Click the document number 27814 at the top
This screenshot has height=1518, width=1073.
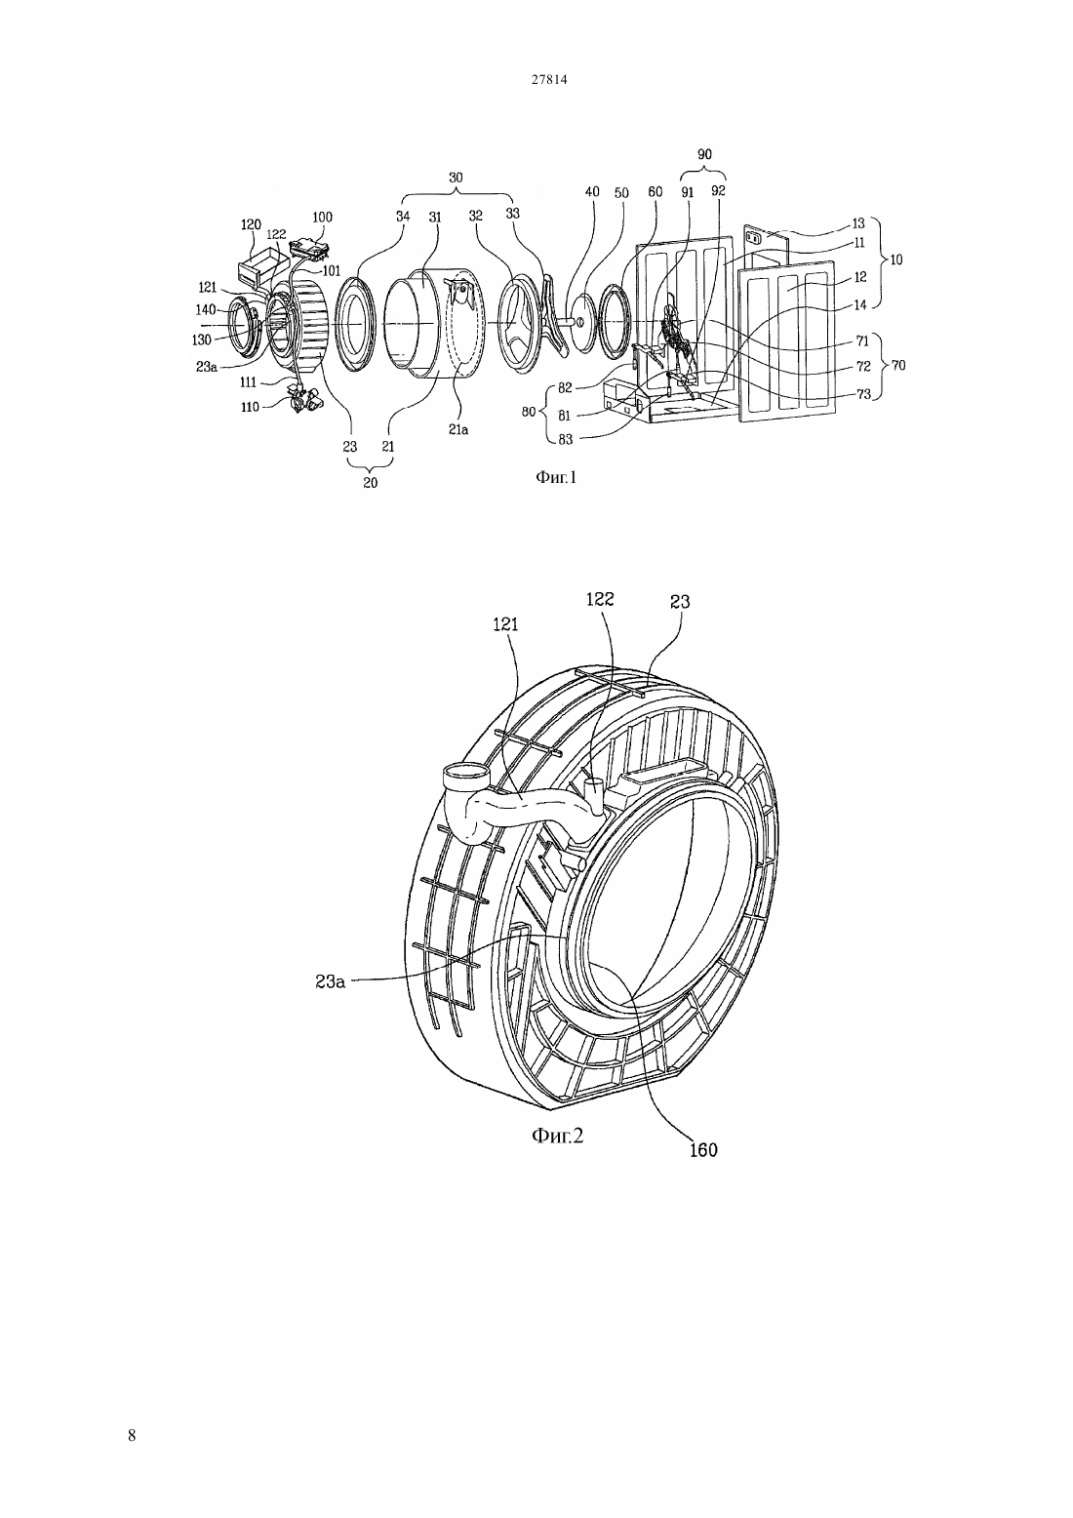click(x=548, y=79)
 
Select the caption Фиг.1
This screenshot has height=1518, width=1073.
click(x=555, y=478)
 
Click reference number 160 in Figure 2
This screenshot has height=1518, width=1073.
click(x=703, y=1150)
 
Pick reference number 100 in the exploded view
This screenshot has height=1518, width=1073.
click(x=322, y=217)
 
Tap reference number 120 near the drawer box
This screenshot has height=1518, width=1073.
click(x=251, y=225)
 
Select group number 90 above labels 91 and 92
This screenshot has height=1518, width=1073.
click(x=704, y=154)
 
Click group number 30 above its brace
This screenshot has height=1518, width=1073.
click(x=456, y=178)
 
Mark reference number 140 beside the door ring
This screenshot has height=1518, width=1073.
click(x=205, y=309)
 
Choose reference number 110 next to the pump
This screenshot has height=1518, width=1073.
click(x=250, y=407)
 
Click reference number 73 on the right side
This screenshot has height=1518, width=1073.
click(x=863, y=394)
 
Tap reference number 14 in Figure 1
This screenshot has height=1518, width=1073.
click(x=859, y=305)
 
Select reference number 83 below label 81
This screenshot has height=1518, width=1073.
click(x=565, y=439)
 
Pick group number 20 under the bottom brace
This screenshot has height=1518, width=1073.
click(x=370, y=483)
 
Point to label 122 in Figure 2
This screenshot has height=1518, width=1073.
click(x=600, y=598)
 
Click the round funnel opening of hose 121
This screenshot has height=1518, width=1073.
click(x=464, y=772)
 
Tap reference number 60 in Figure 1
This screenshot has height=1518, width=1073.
click(x=655, y=192)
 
